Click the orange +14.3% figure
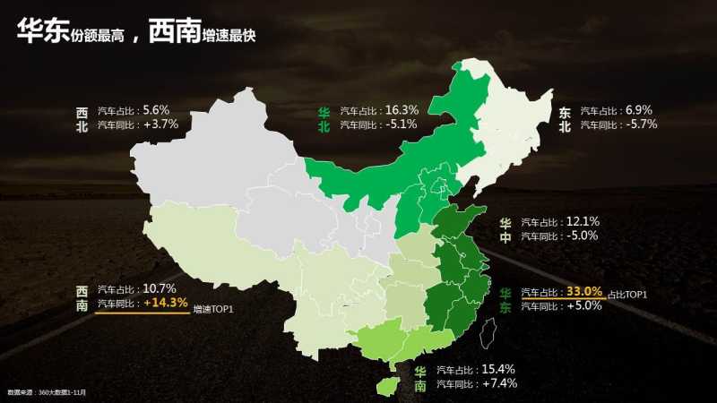point(166,303)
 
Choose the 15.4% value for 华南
point(497,369)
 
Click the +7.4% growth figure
point(498,383)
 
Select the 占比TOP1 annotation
point(627,295)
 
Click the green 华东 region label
point(506,300)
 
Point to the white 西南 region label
point(82,297)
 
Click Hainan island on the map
point(386,386)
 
